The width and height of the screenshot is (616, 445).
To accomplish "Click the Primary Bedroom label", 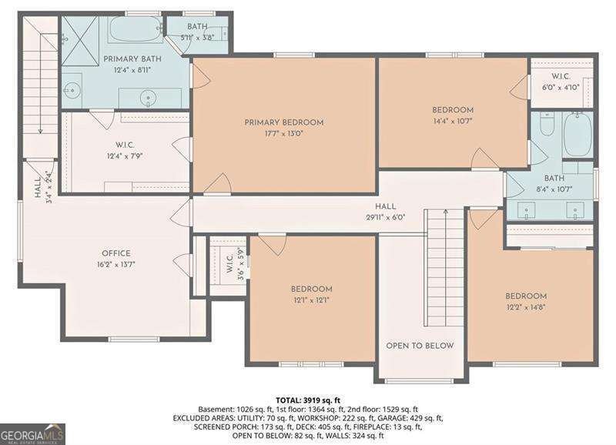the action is (283, 122).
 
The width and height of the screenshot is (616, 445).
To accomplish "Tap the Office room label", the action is (116, 253).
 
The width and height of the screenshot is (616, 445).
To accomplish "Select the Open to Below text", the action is (420, 346).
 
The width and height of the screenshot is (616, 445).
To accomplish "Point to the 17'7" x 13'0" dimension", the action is (283, 134).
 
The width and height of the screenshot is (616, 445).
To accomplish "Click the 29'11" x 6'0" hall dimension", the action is (386, 217).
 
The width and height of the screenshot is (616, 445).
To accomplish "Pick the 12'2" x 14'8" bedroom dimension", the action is (526, 307).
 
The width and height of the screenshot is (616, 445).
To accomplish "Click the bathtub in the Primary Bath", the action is (136, 28).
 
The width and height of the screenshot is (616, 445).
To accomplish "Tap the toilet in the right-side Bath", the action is (547, 123).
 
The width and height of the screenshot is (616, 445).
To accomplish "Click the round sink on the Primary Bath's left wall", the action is (72, 91).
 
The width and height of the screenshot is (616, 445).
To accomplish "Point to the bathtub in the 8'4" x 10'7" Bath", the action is (577, 134).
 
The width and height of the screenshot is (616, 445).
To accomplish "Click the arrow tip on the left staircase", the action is (40, 132).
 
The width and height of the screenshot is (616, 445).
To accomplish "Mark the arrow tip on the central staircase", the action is (446, 210).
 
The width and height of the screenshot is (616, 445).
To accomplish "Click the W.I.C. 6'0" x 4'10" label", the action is (561, 82).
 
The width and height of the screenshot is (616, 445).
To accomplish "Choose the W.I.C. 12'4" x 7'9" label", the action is (125, 151).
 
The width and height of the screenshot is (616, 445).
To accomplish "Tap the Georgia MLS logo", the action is (32, 434).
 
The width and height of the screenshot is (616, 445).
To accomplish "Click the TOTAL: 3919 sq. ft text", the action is (307, 400).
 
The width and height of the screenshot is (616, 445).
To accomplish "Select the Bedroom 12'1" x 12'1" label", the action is (312, 295).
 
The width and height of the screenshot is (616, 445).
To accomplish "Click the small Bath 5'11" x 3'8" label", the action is (197, 32).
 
